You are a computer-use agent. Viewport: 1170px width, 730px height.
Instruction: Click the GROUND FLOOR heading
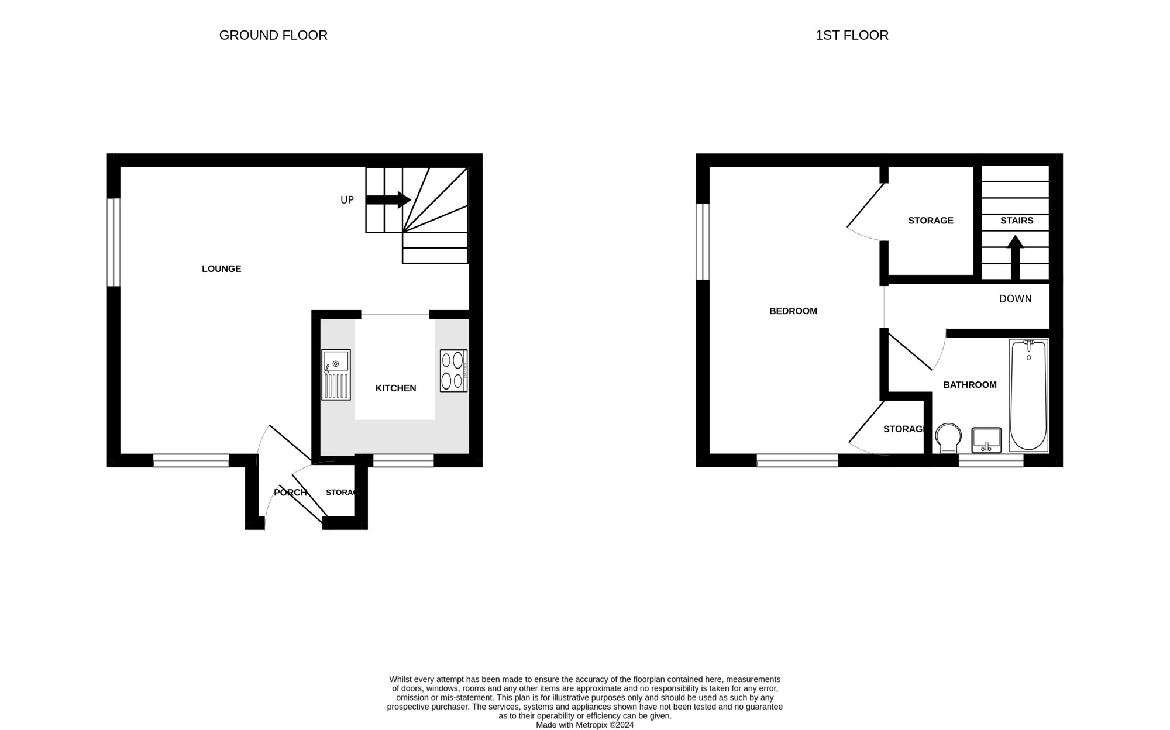coord(273,35)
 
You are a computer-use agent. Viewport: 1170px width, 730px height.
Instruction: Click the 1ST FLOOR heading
coord(852,35)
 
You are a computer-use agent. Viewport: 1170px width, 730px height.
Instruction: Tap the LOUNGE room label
coord(222,269)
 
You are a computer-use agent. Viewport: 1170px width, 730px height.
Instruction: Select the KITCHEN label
coord(395,388)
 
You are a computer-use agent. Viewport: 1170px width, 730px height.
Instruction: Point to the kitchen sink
coord(336,374)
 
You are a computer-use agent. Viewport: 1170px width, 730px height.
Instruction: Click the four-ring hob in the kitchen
coord(453,370)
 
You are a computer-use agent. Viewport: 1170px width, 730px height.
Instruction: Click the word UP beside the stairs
coord(347,200)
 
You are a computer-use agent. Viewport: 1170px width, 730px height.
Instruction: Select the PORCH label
coord(290,493)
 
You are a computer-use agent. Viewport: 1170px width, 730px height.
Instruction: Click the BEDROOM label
coord(793,311)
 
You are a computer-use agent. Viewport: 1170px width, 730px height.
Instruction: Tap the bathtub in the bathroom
coord(1028,395)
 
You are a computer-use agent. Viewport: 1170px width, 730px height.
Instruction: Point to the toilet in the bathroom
coord(948,438)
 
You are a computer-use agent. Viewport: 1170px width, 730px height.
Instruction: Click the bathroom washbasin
coord(986,440)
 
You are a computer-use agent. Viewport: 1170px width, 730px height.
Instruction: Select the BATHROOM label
coord(970,385)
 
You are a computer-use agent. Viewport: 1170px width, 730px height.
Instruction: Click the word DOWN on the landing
coord(1016,299)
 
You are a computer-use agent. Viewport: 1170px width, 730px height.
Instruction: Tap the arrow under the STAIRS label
coord(1015,257)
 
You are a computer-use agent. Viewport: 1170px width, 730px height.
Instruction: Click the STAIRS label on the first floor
coord(1017,221)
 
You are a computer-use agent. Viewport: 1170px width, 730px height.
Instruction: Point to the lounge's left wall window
coord(113,243)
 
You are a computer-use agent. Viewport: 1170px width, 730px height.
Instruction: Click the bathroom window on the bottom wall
coord(991,461)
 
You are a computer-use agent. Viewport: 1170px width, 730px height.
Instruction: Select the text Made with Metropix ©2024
coord(585,725)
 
